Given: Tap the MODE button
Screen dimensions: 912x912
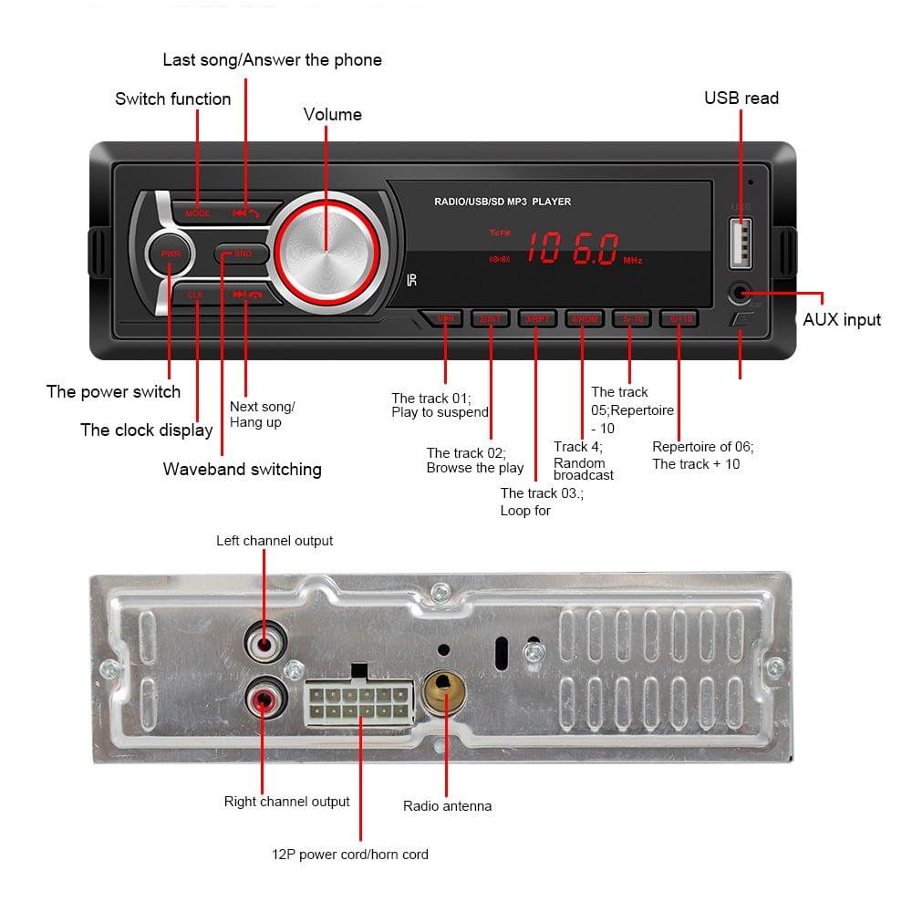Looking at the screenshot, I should [198, 212].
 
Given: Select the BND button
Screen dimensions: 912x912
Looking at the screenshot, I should [241, 254].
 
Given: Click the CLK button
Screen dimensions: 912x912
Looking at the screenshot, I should [196, 295].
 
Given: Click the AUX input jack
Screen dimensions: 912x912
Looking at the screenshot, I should [740, 294].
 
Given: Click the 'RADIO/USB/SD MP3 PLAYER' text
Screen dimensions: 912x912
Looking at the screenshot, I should [503, 202].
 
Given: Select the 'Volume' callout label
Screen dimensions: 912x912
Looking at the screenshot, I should [332, 114].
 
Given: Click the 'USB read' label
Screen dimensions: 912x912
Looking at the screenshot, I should [741, 98].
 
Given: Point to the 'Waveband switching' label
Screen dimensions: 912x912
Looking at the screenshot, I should [242, 469].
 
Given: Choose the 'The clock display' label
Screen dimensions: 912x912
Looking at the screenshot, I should [146, 430].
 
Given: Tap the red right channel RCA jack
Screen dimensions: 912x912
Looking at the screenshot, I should [264, 700].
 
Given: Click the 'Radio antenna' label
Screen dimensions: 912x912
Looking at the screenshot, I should [447, 806].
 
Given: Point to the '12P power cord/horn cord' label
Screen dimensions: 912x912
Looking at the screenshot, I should [349, 855].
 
